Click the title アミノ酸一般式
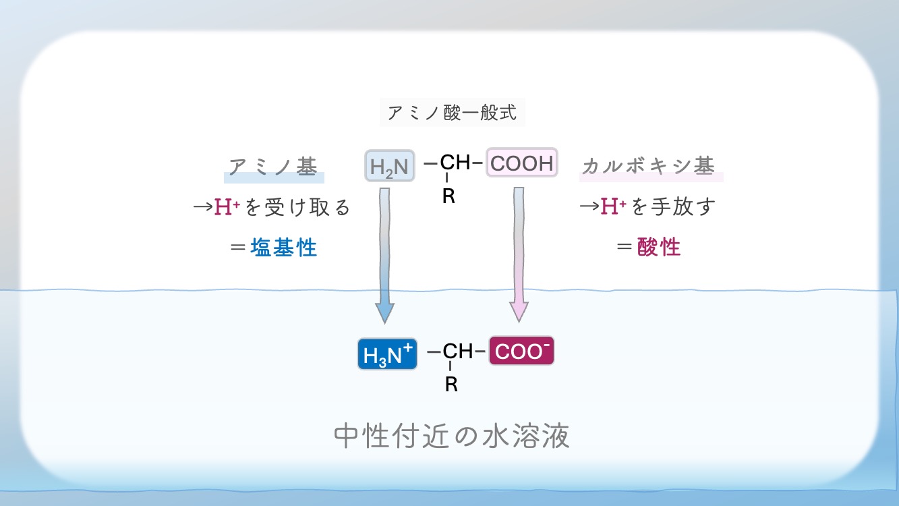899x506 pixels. [x=452, y=112]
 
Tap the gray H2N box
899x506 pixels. [x=390, y=165]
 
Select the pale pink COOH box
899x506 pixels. [x=522, y=163]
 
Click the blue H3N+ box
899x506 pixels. [x=387, y=353]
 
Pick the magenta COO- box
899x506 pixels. [x=521, y=352]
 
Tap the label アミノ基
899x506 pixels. [x=273, y=167]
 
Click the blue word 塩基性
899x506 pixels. [x=284, y=248]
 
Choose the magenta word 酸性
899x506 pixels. [x=659, y=247]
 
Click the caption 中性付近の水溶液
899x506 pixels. [x=452, y=437]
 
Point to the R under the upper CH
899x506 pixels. [x=448, y=196]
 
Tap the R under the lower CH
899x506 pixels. [x=451, y=385]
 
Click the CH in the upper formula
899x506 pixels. [x=455, y=163]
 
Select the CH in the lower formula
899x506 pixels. [x=458, y=352]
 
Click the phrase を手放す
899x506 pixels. [x=673, y=206]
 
